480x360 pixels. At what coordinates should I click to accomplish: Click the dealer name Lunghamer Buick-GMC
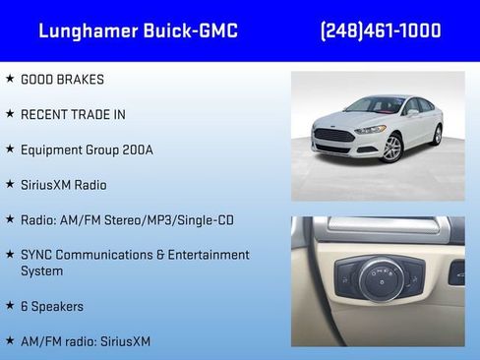point(138,30)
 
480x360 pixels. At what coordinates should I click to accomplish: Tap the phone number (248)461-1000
point(381,30)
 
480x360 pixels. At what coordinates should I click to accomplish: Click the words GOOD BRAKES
point(62,80)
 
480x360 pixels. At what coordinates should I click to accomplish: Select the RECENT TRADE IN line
point(73,114)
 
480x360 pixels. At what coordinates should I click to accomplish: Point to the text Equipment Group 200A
point(87,150)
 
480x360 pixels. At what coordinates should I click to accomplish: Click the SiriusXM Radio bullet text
point(63,185)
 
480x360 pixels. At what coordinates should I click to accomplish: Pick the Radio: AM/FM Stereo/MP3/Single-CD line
point(126,219)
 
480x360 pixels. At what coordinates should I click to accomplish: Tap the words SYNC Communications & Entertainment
point(135,255)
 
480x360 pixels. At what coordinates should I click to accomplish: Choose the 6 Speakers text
point(52,306)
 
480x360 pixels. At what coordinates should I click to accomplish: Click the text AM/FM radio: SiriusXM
point(86,341)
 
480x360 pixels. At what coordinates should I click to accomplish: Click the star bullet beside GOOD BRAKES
point(10,79)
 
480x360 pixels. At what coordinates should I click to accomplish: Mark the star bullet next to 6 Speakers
point(10,305)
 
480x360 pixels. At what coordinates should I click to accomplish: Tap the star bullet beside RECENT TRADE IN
point(10,114)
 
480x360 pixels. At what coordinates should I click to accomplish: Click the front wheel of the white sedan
point(392,148)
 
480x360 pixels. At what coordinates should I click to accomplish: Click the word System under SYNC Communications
point(41,270)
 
